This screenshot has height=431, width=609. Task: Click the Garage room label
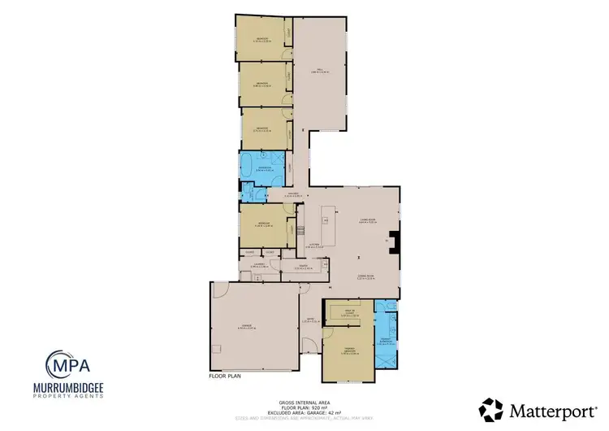click(x=243, y=326)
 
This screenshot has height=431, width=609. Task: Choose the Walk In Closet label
click(x=351, y=313)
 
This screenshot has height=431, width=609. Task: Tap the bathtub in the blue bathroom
click(x=248, y=168)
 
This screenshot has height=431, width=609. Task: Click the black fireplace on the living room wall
click(x=394, y=242)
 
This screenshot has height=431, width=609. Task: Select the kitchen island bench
click(x=328, y=218)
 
